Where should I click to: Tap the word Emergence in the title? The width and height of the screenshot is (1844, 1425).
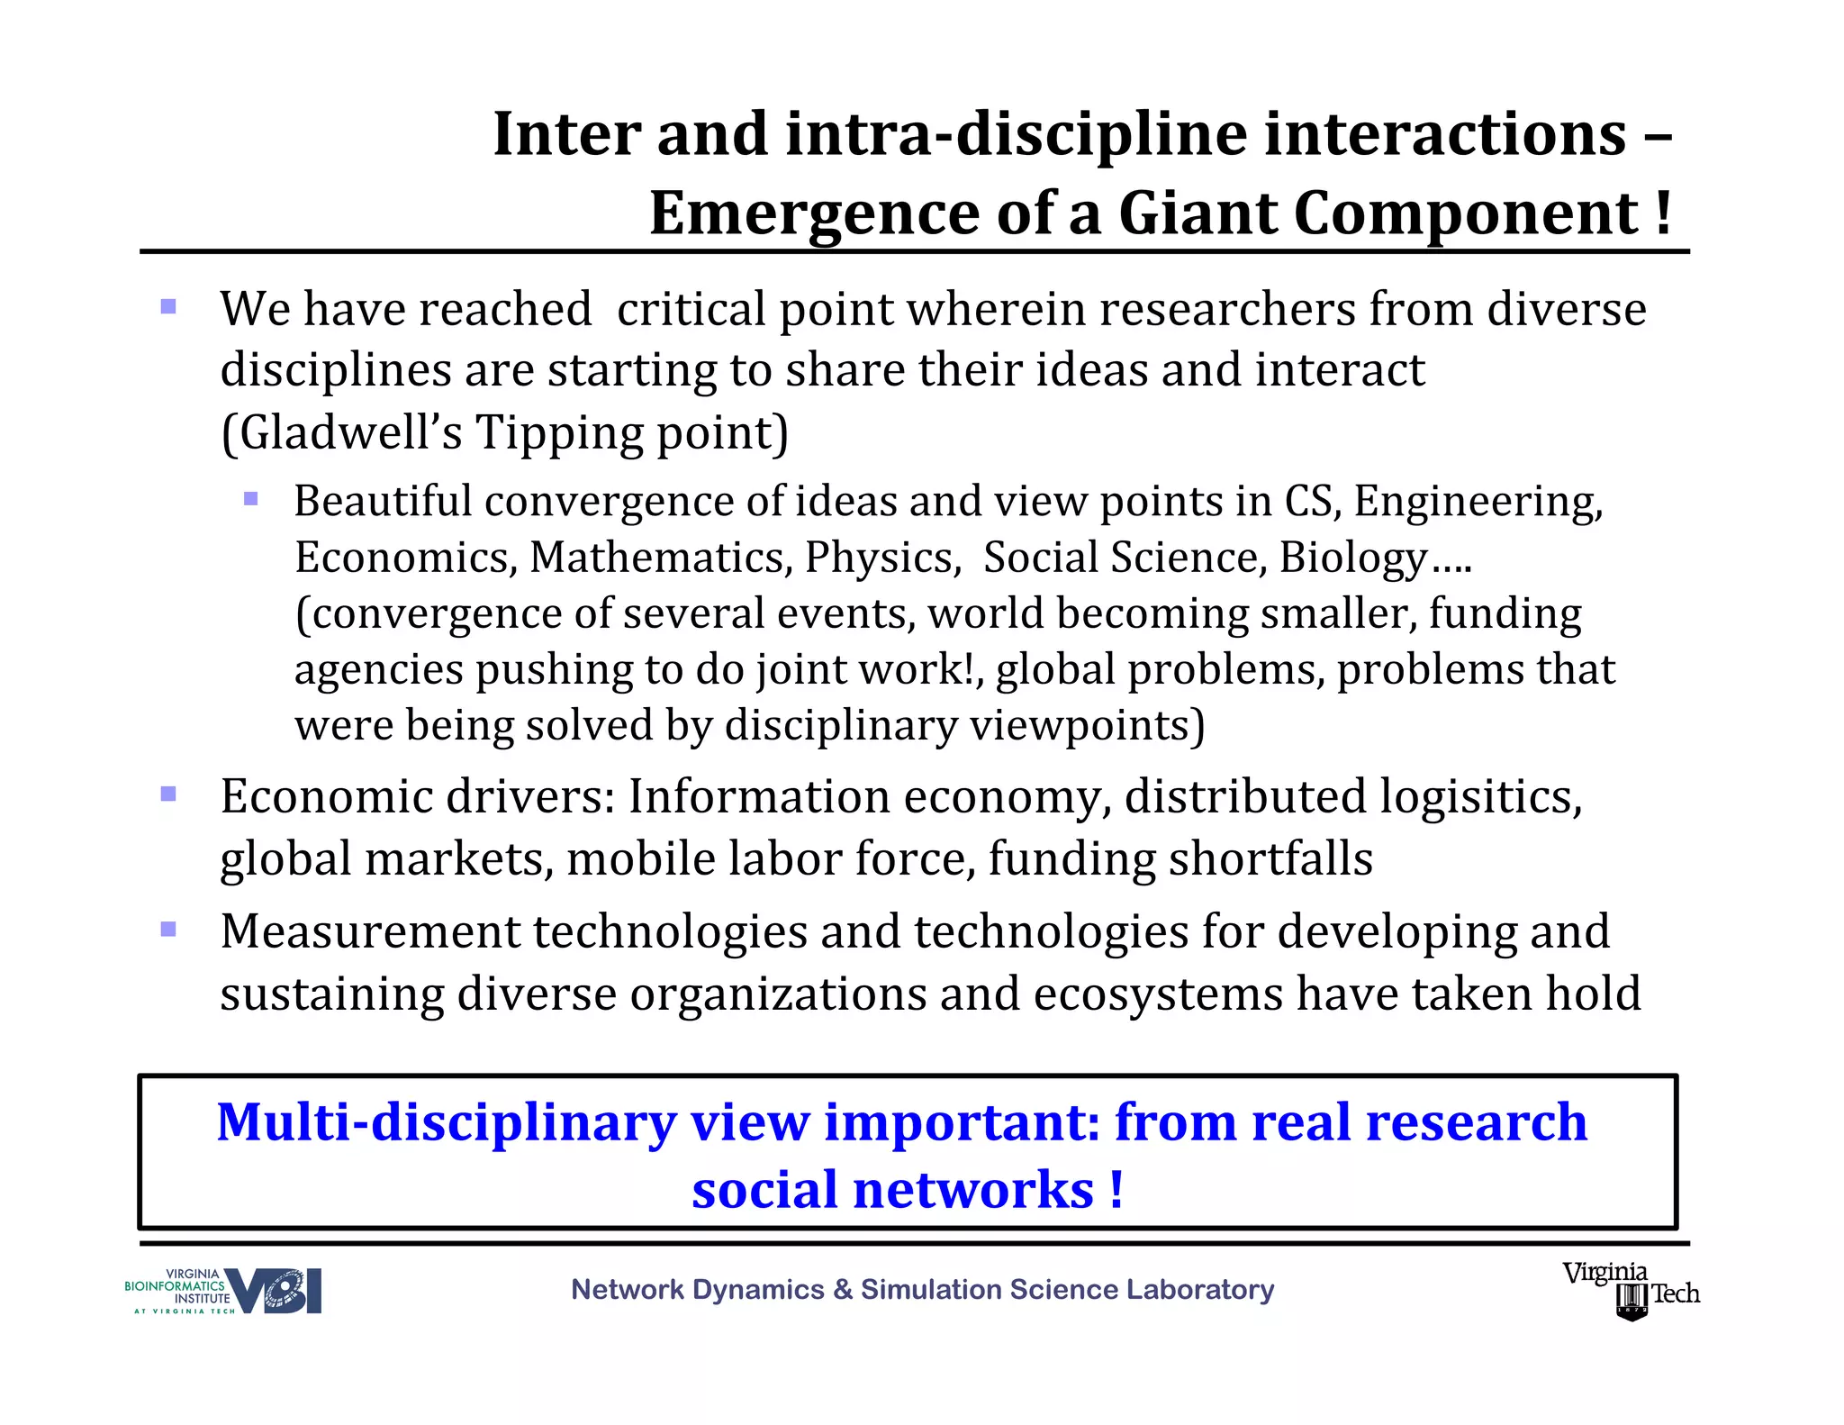coord(813,214)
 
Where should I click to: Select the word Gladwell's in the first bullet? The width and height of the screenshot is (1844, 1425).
coord(341,432)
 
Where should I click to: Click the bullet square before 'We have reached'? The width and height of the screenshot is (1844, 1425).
coord(168,307)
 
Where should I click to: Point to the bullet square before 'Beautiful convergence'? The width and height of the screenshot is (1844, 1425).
coord(251,498)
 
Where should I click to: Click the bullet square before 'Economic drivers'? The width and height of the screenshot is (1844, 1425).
coord(168,794)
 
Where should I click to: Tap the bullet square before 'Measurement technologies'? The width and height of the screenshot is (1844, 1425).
coord(168,929)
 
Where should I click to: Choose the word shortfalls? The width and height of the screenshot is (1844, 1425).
coord(1270,858)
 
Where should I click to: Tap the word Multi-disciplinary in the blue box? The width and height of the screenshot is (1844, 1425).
coord(446,1123)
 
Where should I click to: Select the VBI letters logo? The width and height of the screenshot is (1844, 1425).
coord(274,1291)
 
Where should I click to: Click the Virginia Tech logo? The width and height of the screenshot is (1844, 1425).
coord(1631,1290)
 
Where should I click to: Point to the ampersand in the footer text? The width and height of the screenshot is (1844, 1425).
coord(843,1290)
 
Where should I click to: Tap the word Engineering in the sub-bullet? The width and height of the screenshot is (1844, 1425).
coord(1478,502)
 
